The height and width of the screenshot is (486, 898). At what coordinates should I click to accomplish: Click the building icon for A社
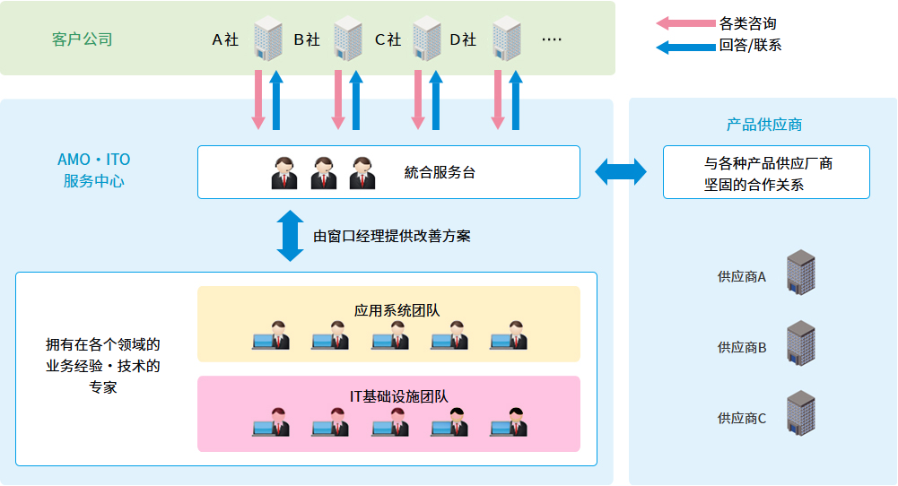point(267,39)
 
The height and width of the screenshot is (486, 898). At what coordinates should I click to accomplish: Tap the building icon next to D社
point(507,39)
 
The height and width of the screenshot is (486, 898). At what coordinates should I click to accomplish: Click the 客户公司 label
point(83,39)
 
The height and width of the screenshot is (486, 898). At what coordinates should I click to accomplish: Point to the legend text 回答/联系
point(750,45)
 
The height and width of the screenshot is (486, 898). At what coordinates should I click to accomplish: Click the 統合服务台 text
point(440,172)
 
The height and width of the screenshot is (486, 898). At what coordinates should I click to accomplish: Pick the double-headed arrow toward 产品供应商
point(621,171)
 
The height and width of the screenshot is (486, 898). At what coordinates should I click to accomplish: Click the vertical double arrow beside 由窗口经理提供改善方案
point(291,236)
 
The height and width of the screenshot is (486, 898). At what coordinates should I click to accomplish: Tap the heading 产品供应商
point(763,125)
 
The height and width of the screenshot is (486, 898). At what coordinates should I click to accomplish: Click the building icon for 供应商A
point(799,272)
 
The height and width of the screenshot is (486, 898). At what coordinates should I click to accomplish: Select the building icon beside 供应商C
point(799,412)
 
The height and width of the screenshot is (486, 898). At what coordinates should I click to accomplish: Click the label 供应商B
point(741,347)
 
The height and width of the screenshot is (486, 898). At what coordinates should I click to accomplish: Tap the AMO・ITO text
point(93,160)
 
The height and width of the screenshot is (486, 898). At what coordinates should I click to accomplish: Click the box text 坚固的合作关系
point(754,185)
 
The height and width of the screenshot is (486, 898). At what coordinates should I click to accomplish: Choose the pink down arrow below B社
point(338,99)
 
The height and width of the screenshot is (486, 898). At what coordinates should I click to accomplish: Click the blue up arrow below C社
point(435,99)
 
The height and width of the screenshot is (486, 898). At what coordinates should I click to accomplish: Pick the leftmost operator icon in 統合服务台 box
point(284,172)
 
